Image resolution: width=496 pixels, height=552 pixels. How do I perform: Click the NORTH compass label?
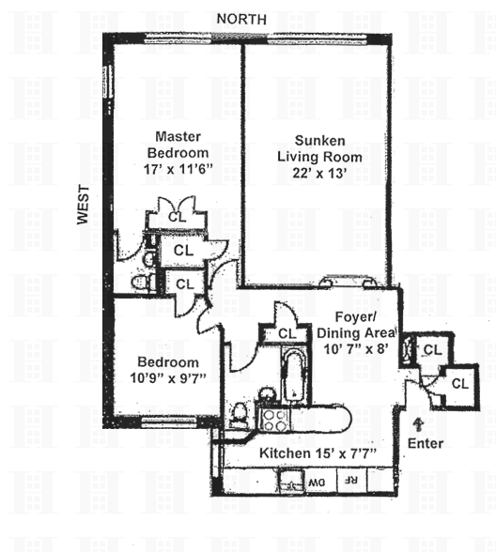point(241,19)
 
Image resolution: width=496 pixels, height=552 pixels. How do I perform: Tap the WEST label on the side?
point(84,205)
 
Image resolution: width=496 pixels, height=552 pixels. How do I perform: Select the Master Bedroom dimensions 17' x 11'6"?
point(178,169)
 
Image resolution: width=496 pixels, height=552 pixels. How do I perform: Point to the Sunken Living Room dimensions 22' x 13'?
point(319,173)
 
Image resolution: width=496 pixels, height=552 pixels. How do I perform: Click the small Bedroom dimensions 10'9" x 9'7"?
point(168,378)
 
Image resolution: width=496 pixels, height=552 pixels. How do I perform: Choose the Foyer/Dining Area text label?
point(356,325)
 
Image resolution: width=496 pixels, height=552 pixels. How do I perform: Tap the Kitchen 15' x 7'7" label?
point(318,453)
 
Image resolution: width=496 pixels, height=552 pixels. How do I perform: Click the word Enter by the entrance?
point(426,443)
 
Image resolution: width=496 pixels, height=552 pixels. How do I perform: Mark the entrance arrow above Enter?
point(418,424)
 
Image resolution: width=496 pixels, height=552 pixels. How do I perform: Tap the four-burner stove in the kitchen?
point(274,420)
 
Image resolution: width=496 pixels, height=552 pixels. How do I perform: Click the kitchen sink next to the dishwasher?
point(291,481)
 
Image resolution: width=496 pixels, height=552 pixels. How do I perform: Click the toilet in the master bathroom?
point(141,282)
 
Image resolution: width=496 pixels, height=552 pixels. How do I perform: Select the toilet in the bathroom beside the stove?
point(239,415)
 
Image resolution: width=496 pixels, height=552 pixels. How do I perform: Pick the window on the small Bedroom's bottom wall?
point(169,422)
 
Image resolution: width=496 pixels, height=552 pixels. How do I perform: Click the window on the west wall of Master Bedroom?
point(108,82)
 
